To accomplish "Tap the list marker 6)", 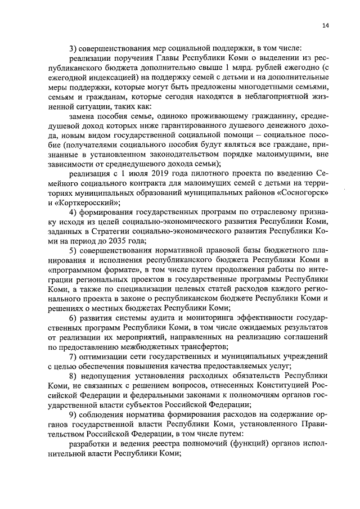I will tap(73, 318).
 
